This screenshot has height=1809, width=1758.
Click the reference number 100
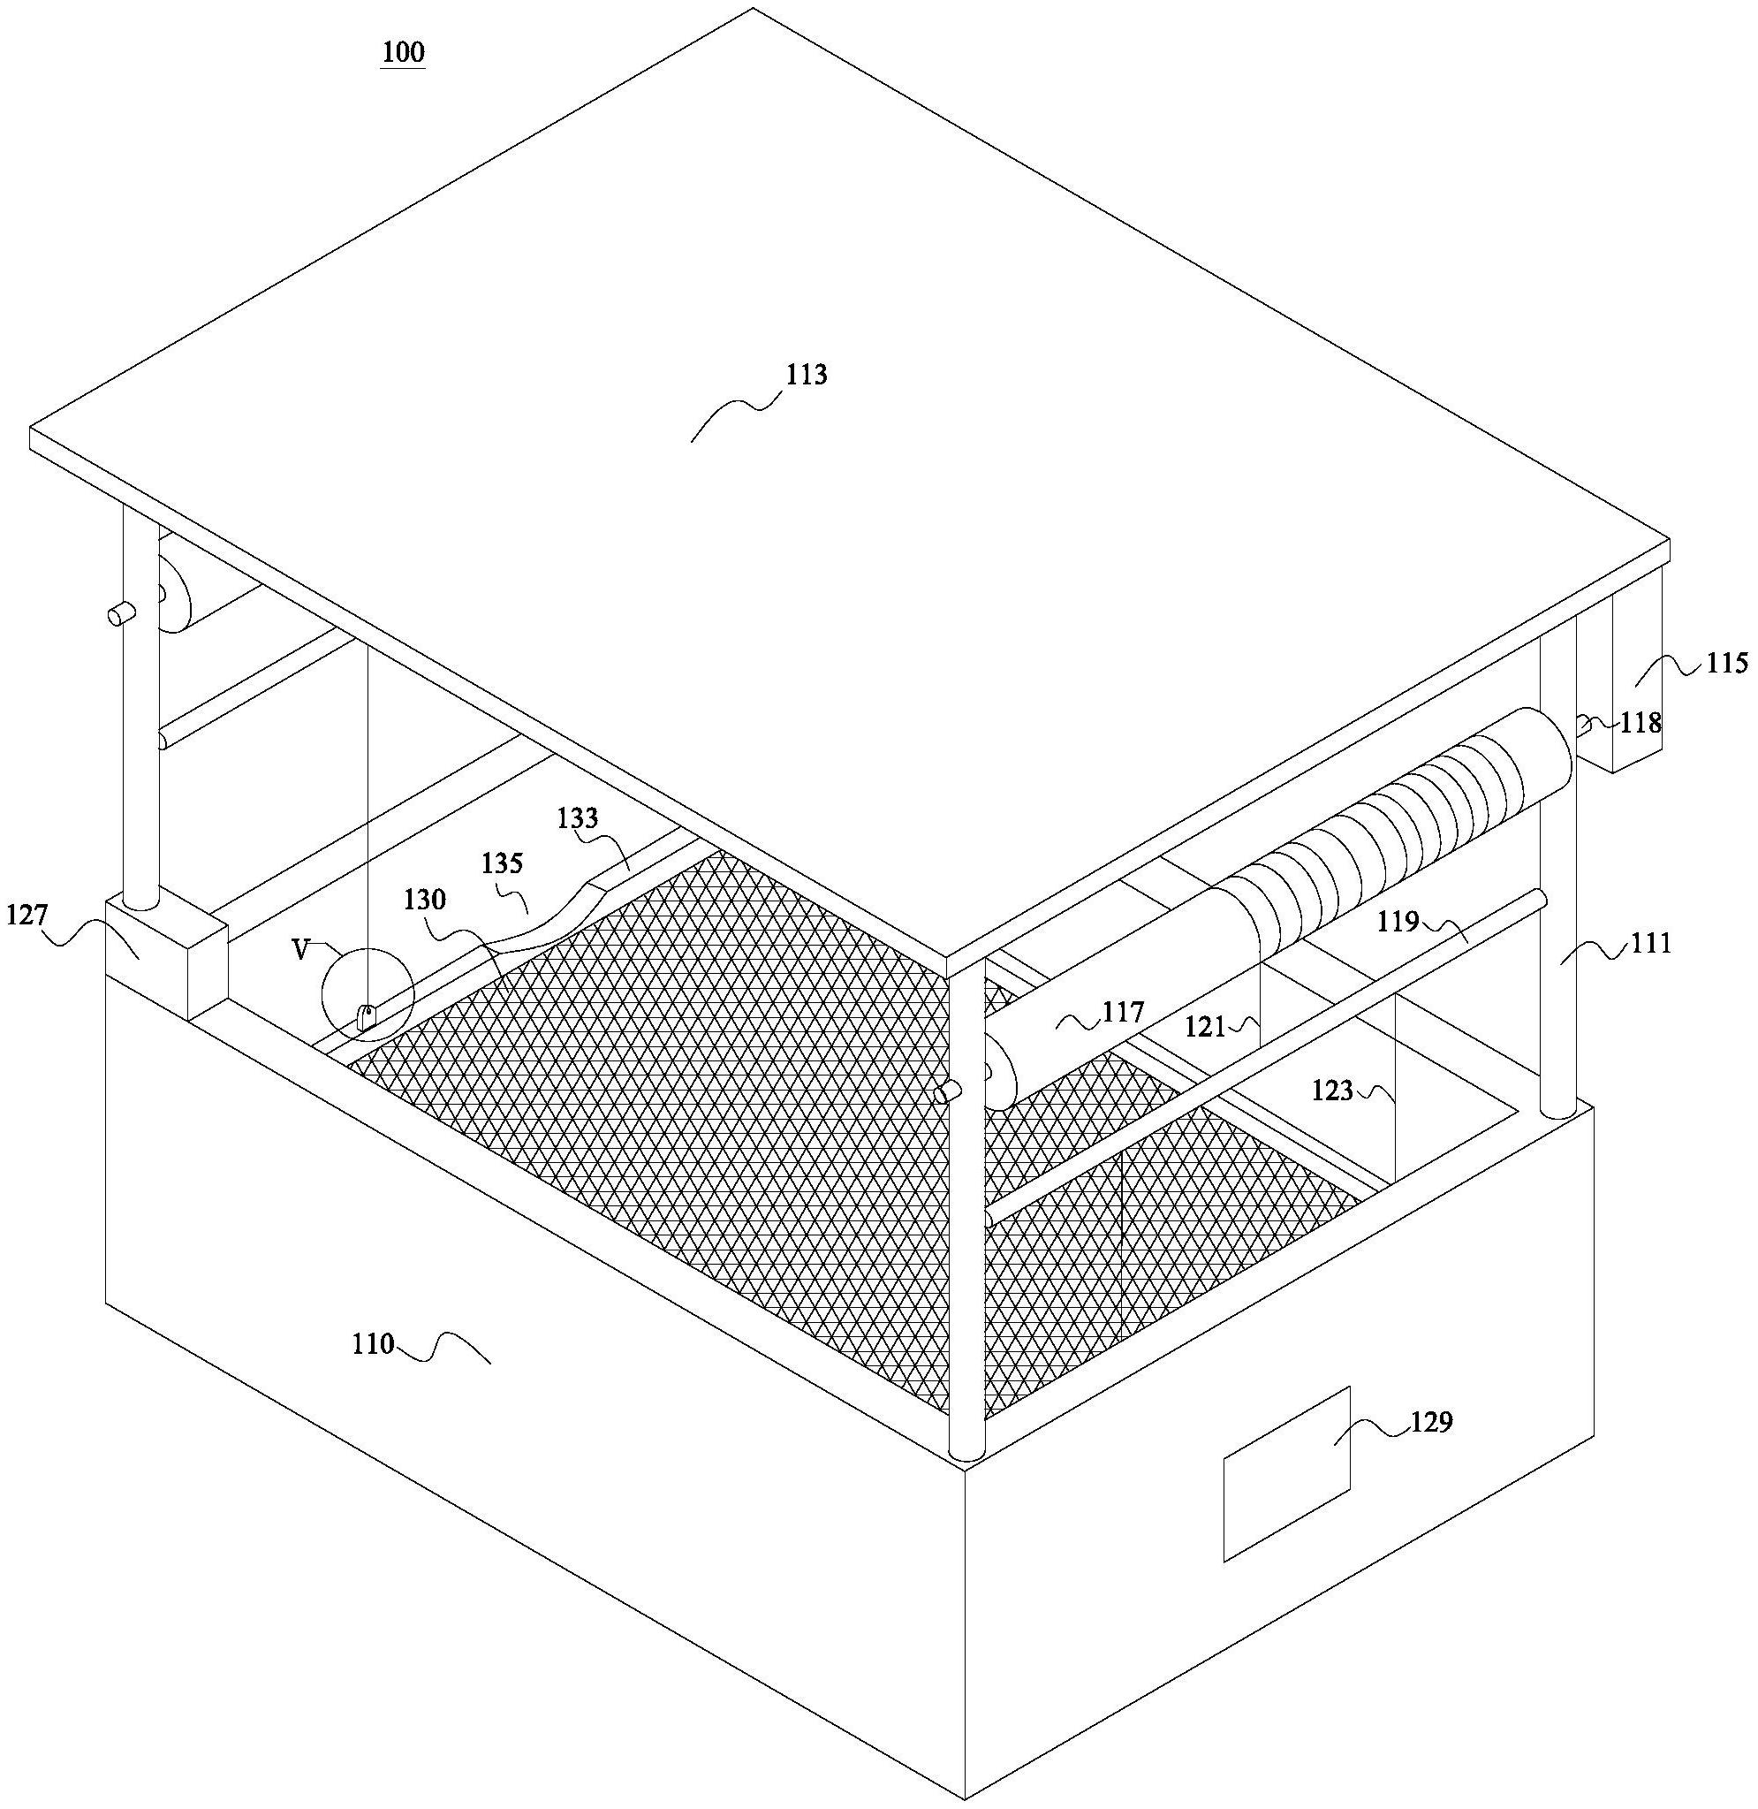404,53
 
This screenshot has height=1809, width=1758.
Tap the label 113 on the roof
806,375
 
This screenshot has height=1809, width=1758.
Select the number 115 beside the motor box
1726,663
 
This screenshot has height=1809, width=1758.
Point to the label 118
1640,722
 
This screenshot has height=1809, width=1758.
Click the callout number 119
1398,922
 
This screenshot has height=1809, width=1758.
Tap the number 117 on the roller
1123,1013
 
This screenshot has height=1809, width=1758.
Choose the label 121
1207,1026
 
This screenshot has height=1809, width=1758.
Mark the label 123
1332,1091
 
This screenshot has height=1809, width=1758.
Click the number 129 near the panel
1431,1422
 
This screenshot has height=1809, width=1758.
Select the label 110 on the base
373,1343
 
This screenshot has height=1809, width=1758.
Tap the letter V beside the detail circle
300,950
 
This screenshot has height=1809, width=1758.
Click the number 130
425,901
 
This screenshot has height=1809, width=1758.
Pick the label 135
503,863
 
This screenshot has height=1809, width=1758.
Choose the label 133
578,818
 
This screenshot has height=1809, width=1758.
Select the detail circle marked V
368,995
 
